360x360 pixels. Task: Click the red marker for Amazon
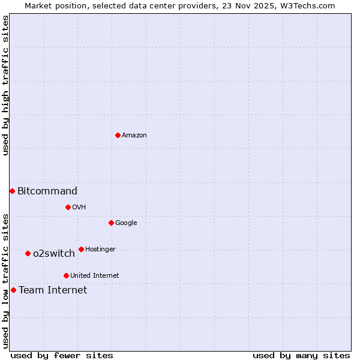(118, 135)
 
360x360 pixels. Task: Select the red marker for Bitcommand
(12, 191)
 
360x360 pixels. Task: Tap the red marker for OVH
(68, 207)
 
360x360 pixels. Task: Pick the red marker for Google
(111, 223)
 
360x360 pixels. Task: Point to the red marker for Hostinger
(81, 249)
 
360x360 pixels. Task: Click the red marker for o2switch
(28, 253)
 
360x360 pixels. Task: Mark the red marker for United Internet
(66, 275)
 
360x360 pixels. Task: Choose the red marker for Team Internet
(13, 290)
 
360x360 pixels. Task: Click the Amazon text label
(134, 135)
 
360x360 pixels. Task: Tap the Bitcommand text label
(47, 191)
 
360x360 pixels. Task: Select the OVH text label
(79, 207)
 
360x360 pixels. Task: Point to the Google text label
(126, 223)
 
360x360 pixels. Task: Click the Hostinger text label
(100, 249)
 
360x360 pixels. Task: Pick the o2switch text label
(54, 254)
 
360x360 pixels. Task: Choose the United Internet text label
(95, 275)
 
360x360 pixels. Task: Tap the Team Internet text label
(53, 290)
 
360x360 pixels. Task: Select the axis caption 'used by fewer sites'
(62, 355)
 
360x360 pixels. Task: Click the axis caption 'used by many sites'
(301, 355)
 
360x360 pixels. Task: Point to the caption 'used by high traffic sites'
(5, 85)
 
